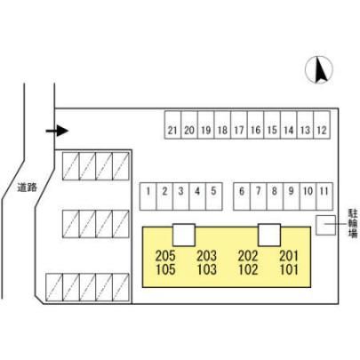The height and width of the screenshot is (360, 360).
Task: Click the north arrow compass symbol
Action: click(x=319, y=70)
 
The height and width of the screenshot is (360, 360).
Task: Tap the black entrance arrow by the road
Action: click(x=57, y=131)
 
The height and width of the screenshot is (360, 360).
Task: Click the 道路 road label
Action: click(x=27, y=188)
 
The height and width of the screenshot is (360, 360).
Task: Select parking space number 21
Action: click(x=172, y=125)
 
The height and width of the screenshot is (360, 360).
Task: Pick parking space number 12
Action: click(x=322, y=125)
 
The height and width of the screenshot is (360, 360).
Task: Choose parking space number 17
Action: click(x=239, y=125)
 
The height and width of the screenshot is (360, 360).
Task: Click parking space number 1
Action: click(x=148, y=196)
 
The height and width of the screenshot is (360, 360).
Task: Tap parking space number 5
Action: click(x=214, y=196)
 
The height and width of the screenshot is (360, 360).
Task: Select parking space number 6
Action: click(x=242, y=196)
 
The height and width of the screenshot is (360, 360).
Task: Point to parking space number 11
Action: click(x=324, y=196)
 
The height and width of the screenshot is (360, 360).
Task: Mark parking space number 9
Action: click(x=292, y=196)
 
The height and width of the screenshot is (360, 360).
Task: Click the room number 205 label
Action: click(x=165, y=255)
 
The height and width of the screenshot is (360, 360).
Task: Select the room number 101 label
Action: click(x=289, y=269)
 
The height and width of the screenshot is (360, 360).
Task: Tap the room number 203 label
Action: click(x=207, y=255)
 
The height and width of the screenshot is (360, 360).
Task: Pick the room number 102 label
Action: click(x=248, y=269)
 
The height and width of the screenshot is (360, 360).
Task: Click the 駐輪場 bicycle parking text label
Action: click(x=353, y=223)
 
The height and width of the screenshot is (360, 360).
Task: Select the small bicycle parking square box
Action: click(x=325, y=225)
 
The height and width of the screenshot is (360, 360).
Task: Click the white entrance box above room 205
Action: click(x=184, y=235)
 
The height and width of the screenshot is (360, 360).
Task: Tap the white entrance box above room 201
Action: click(x=269, y=235)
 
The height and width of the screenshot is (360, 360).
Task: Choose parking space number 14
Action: click(x=289, y=125)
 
